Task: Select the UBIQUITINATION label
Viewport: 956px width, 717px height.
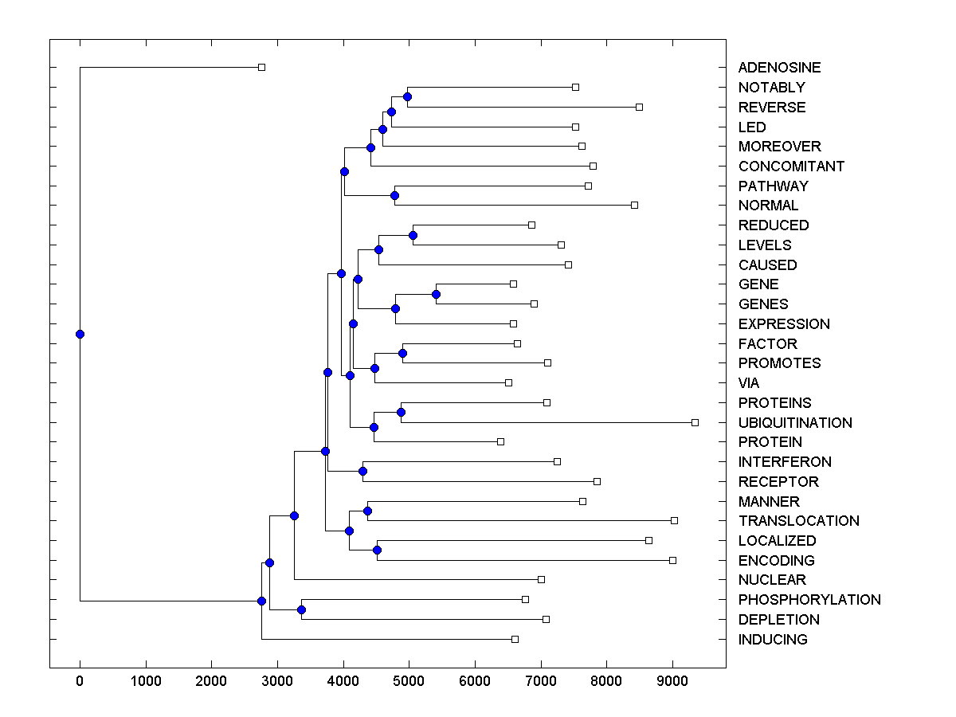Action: tap(795, 422)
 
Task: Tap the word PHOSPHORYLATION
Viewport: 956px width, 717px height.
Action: tap(809, 600)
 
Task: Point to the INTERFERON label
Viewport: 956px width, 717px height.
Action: tap(785, 462)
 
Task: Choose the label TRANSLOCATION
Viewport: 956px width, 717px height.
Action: tap(798, 521)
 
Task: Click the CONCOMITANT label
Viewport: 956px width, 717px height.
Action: tap(791, 167)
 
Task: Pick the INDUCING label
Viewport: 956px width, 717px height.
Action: tap(773, 640)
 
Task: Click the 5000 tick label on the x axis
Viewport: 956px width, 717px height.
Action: tap(409, 682)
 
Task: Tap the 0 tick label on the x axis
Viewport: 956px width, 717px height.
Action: tap(80, 682)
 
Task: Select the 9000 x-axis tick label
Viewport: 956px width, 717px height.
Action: tap(672, 682)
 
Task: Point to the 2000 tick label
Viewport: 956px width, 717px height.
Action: tap(211, 682)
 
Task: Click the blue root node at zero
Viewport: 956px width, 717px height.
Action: tap(80, 334)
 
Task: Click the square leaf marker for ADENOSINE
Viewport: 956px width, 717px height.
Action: tap(261, 67)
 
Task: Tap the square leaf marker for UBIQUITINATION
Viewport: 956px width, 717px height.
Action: tap(695, 422)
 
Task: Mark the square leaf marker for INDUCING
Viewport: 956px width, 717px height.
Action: tap(515, 639)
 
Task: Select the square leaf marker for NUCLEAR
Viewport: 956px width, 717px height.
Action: tap(541, 579)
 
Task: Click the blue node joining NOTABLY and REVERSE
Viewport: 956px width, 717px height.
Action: tap(407, 96)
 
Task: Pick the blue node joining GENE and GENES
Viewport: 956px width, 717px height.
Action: tap(436, 294)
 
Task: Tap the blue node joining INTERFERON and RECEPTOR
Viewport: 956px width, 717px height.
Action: tap(362, 471)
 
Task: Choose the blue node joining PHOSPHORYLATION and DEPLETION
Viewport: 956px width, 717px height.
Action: tap(301, 609)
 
